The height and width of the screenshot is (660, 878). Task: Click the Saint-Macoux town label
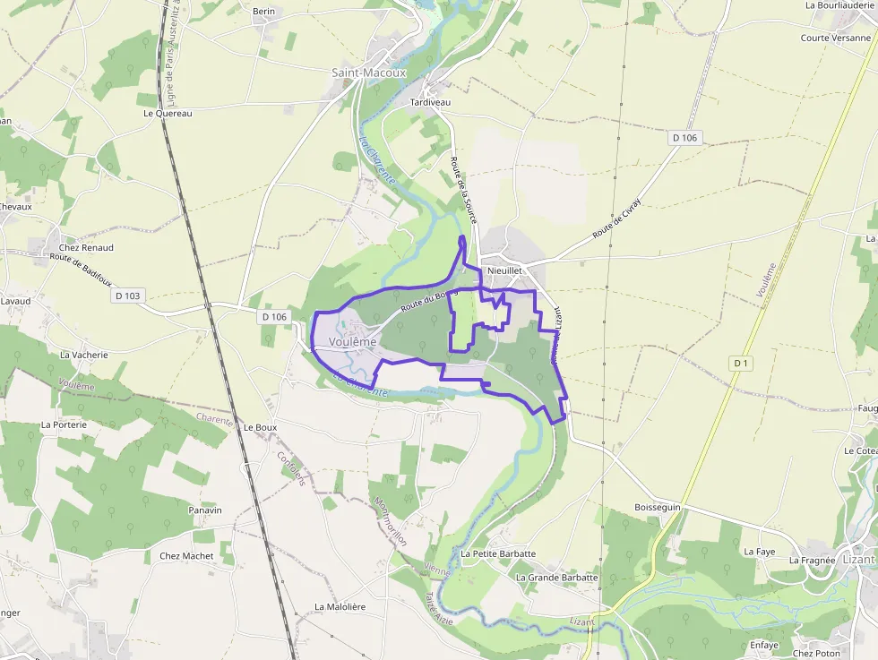click(368, 73)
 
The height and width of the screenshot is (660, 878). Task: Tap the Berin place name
click(263, 12)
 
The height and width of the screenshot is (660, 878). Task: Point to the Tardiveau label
click(430, 103)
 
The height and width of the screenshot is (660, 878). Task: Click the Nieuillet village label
click(504, 270)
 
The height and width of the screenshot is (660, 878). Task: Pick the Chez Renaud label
click(86, 248)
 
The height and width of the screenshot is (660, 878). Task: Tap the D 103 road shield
click(128, 296)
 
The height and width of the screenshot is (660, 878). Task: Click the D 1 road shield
click(740, 363)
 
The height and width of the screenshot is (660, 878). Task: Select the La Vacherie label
click(83, 355)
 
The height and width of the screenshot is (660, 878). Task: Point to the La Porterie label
click(64, 424)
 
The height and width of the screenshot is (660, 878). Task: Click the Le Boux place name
click(260, 428)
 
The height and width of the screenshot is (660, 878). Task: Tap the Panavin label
click(205, 510)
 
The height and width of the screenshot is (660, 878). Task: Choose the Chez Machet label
click(186, 556)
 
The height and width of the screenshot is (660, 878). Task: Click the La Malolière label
click(340, 607)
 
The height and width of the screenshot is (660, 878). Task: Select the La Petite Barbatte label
click(498, 554)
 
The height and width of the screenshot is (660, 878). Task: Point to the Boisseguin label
click(658, 508)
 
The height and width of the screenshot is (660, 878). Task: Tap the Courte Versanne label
click(835, 38)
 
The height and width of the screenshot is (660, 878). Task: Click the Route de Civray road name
click(617, 218)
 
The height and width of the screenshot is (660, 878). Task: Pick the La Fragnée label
click(812, 561)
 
